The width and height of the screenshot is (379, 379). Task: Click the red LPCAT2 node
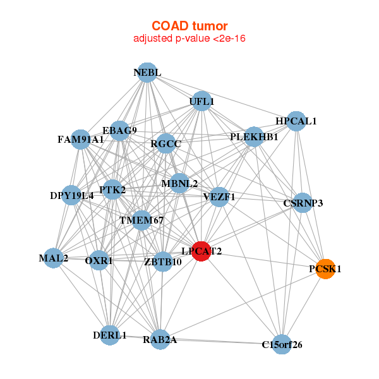pyautogui.click(x=201, y=251)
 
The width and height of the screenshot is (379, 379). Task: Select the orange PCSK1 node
pyautogui.click(x=325, y=268)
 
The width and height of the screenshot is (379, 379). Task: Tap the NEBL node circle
pyautogui.click(x=147, y=73)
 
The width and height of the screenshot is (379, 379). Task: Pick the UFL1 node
pyautogui.click(x=202, y=101)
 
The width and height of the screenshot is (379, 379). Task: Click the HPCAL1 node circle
pyautogui.click(x=296, y=121)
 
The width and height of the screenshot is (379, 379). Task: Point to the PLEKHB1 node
pyautogui.click(x=254, y=136)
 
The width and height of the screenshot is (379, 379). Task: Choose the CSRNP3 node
pyautogui.click(x=303, y=203)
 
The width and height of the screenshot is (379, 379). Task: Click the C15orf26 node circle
pyautogui.click(x=282, y=344)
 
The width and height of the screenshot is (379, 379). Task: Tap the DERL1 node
pyautogui.click(x=111, y=335)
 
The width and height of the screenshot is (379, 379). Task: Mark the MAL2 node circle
pyautogui.click(x=54, y=258)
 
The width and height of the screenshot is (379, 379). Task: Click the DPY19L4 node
pyautogui.click(x=72, y=195)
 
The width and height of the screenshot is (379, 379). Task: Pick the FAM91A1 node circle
pyautogui.click(x=81, y=139)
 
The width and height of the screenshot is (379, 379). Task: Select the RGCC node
pyautogui.click(x=166, y=144)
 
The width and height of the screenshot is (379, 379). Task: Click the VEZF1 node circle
pyautogui.click(x=219, y=196)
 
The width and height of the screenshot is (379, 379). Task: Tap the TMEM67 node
pyautogui.click(x=141, y=220)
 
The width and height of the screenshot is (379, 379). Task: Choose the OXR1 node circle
pyautogui.click(x=99, y=260)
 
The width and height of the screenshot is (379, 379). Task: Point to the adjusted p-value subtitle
pyautogui.click(x=189, y=39)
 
